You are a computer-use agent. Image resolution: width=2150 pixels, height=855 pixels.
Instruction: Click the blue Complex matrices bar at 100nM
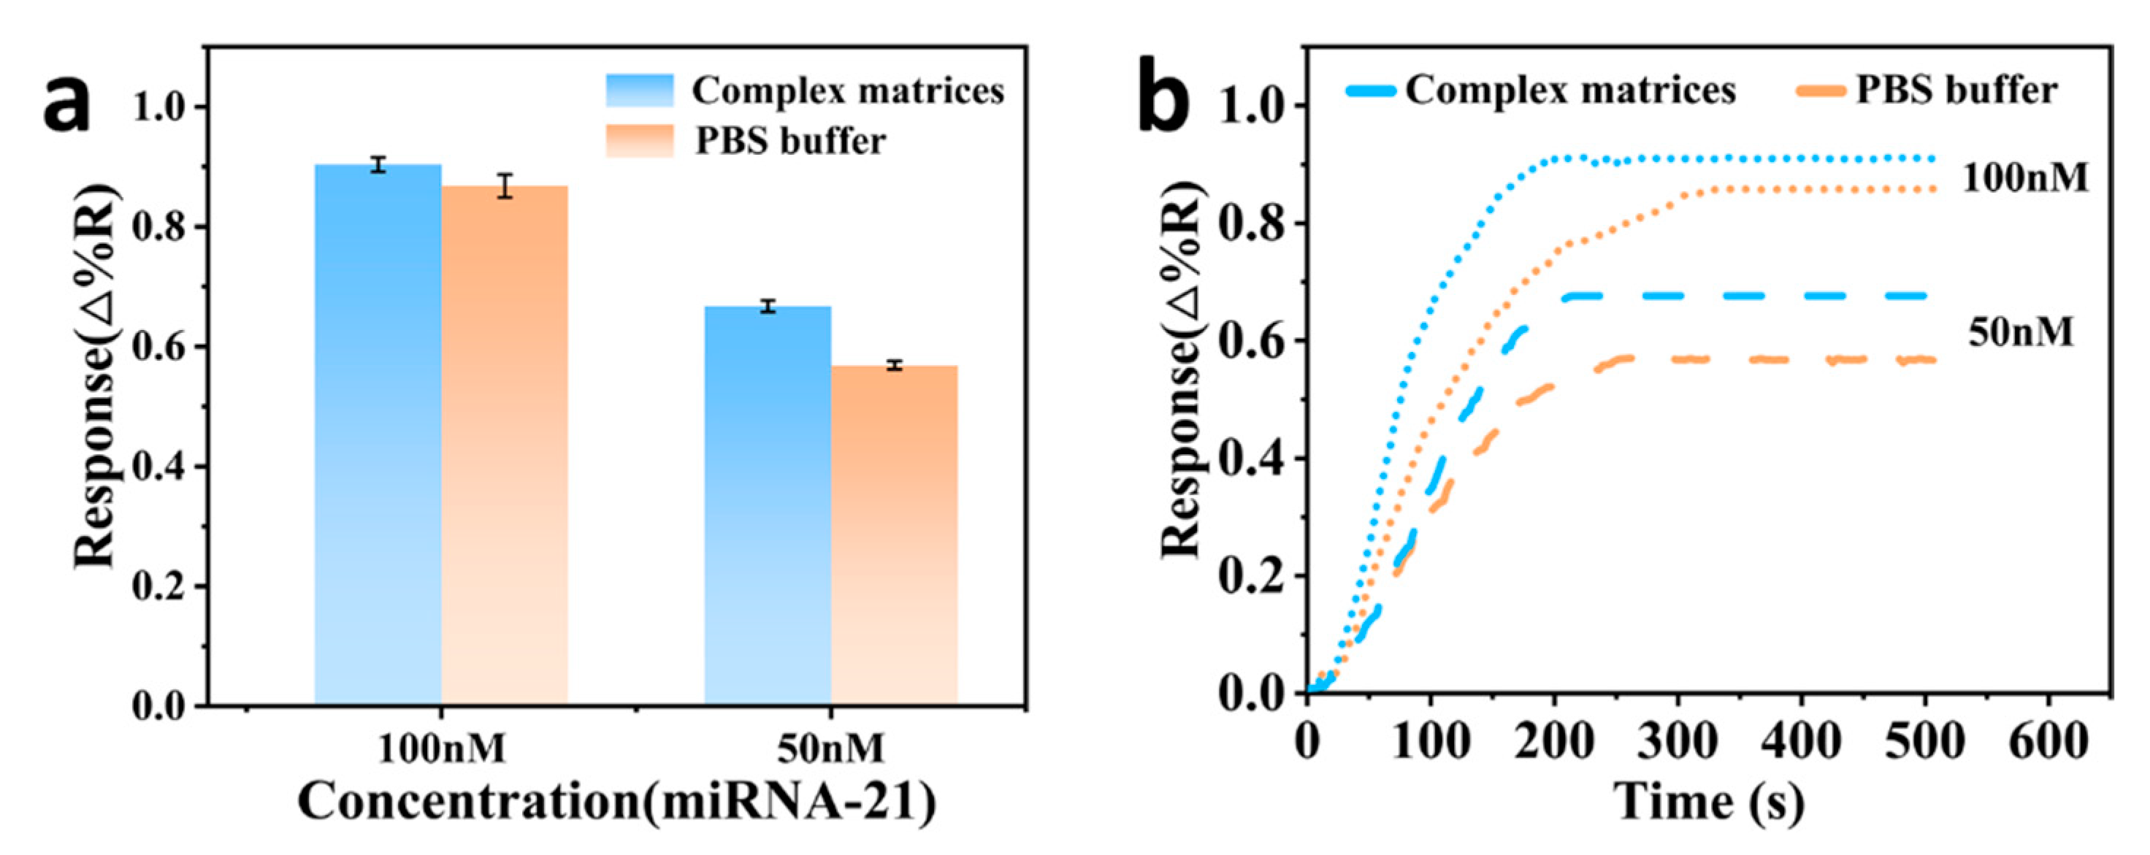(378, 434)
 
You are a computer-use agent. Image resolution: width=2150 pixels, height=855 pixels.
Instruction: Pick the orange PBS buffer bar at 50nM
(894, 534)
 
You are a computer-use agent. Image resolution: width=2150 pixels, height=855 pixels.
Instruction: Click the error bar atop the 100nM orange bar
(504, 186)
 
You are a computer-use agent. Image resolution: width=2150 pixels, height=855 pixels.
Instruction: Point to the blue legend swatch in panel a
(639, 90)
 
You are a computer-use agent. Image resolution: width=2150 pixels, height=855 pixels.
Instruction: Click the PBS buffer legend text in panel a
(790, 141)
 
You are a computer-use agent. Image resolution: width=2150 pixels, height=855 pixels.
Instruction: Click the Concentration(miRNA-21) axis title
(617, 802)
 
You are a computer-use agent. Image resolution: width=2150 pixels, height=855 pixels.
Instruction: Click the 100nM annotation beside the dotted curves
(2024, 177)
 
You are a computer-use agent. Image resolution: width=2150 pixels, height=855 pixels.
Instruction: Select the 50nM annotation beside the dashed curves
(2020, 333)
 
